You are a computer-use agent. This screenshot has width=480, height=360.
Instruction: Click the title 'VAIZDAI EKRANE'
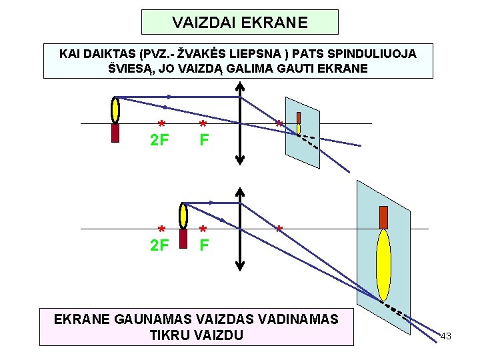(x=240, y=23)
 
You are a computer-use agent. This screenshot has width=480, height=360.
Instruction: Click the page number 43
(x=446, y=336)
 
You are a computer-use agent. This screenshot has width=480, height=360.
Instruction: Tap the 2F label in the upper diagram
(x=159, y=141)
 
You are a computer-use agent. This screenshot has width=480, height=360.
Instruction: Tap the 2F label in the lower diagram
(x=159, y=245)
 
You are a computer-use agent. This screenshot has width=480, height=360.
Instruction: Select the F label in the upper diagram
(x=204, y=141)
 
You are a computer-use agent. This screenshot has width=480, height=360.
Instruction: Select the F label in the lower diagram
(x=204, y=245)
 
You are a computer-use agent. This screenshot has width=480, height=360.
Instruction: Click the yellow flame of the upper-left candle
(x=115, y=109)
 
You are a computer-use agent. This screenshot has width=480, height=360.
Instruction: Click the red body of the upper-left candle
(x=115, y=133)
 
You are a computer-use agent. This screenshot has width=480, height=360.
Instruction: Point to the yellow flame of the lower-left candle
(x=183, y=215)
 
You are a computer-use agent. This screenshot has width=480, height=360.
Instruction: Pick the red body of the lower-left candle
(x=183, y=237)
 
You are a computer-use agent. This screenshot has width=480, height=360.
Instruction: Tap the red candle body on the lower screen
(x=383, y=217)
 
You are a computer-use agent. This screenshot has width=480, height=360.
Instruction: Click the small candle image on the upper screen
(x=299, y=120)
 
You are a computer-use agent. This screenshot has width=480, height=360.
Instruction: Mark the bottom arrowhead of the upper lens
(x=240, y=160)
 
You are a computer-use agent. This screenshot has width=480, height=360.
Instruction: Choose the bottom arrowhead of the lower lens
(x=240, y=266)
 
